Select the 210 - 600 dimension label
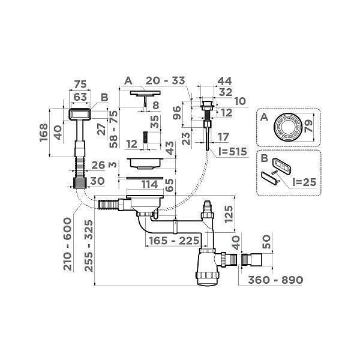pyautogui.click(x=71, y=243)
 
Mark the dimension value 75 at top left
pyautogui.click(x=78, y=83)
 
